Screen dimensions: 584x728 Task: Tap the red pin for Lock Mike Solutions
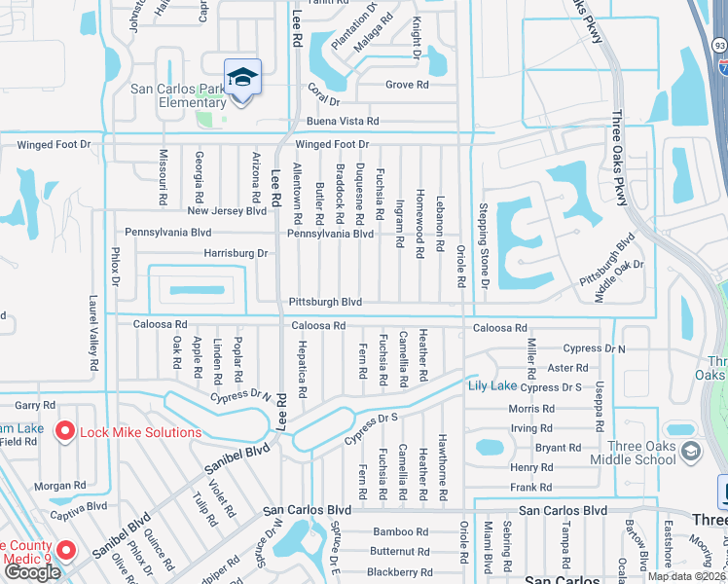tap(65, 431)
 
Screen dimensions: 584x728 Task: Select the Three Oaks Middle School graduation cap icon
tap(690, 451)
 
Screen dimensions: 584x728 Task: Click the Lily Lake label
tap(492, 386)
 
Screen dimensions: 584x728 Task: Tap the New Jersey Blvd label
tap(226, 210)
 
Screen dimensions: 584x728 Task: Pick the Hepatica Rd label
tap(303, 376)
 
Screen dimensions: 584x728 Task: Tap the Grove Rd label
tap(407, 85)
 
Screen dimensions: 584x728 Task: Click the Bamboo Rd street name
tap(400, 531)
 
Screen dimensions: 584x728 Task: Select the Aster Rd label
tap(567, 368)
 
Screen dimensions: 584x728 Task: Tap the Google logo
tap(32, 572)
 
